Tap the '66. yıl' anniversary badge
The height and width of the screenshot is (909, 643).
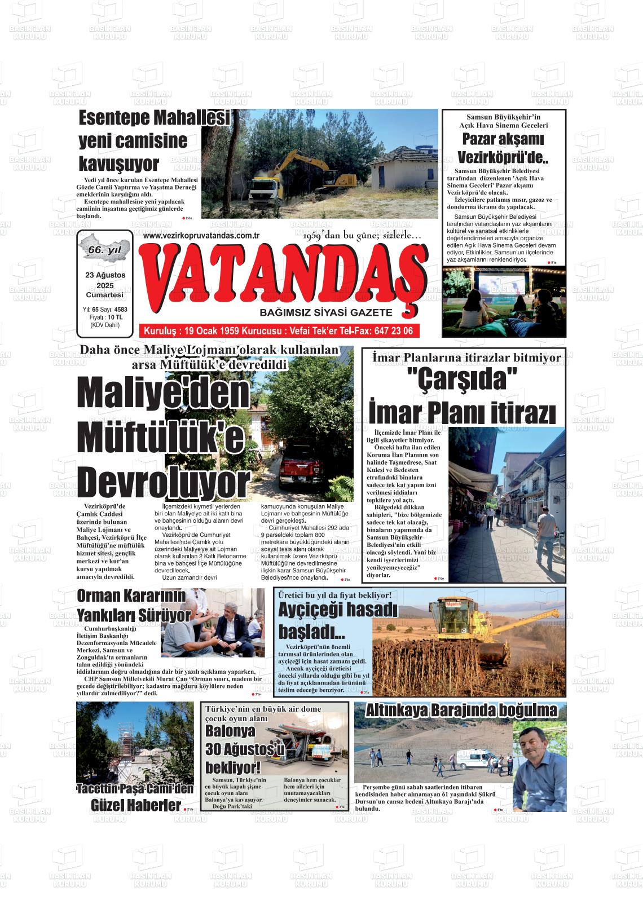coord(105,249)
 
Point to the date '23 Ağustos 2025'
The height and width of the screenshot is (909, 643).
coord(105,280)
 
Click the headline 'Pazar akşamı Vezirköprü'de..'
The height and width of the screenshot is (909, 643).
coord(503,148)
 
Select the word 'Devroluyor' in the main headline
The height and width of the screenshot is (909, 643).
coord(164,482)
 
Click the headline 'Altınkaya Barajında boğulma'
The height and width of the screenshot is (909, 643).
coord(461,711)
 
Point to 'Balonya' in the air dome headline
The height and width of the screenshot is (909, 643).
coord(230,731)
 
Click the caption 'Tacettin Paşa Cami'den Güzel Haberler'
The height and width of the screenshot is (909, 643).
coord(135,797)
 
